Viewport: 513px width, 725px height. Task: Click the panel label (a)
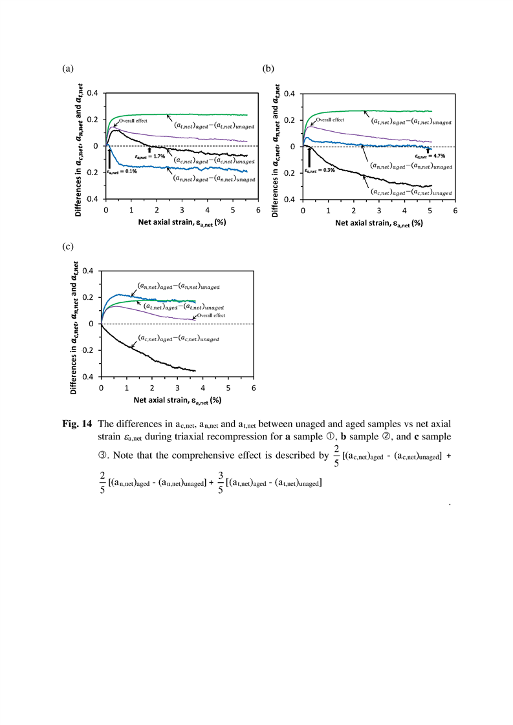(x=67, y=69)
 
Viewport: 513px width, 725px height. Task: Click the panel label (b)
(x=268, y=69)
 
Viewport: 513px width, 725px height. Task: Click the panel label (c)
(x=67, y=246)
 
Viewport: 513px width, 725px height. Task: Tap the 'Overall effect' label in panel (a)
(x=133, y=121)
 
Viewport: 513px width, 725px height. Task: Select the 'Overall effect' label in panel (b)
(x=330, y=120)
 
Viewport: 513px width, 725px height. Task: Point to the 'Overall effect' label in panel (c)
(x=211, y=315)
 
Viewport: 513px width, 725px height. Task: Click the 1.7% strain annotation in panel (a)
(x=150, y=156)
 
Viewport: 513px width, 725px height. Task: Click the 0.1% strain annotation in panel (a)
(x=122, y=171)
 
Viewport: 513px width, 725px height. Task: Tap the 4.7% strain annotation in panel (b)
(x=430, y=156)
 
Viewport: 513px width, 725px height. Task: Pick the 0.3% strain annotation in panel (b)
(x=320, y=170)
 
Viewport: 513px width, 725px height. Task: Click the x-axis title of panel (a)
(x=182, y=222)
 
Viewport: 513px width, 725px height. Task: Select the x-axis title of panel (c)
(x=177, y=400)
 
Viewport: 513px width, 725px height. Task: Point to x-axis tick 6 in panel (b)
(x=455, y=211)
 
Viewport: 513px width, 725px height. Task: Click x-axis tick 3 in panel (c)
(x=177, y=388)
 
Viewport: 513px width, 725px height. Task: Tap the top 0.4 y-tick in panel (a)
(x=92, y=94)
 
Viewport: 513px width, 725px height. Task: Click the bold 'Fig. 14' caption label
(x=78, y=424)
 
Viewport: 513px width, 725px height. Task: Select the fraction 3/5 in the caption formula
(x=221, y=483)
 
